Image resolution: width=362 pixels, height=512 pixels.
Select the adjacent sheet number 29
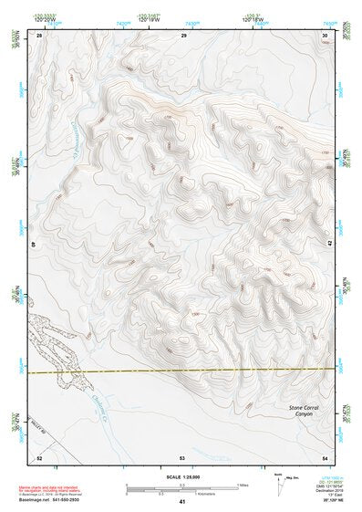[183, 35]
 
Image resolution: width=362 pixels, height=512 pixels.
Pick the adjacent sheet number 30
[325, 35]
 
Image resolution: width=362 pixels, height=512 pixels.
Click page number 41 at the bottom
[182, 501]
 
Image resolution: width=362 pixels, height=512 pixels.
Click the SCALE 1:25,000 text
[182, 476]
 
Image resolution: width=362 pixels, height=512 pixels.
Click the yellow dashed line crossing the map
[182, 371]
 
